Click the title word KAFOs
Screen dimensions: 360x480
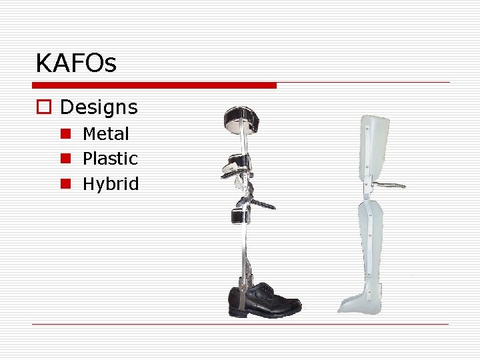(76, 64)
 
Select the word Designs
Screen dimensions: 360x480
(99, 107)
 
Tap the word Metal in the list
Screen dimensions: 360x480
(106, 134)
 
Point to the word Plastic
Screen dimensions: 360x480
(110, 159)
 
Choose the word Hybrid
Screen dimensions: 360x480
(111, 184)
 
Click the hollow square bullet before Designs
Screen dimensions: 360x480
(43, 107)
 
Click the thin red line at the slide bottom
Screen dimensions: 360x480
(240, 324)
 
